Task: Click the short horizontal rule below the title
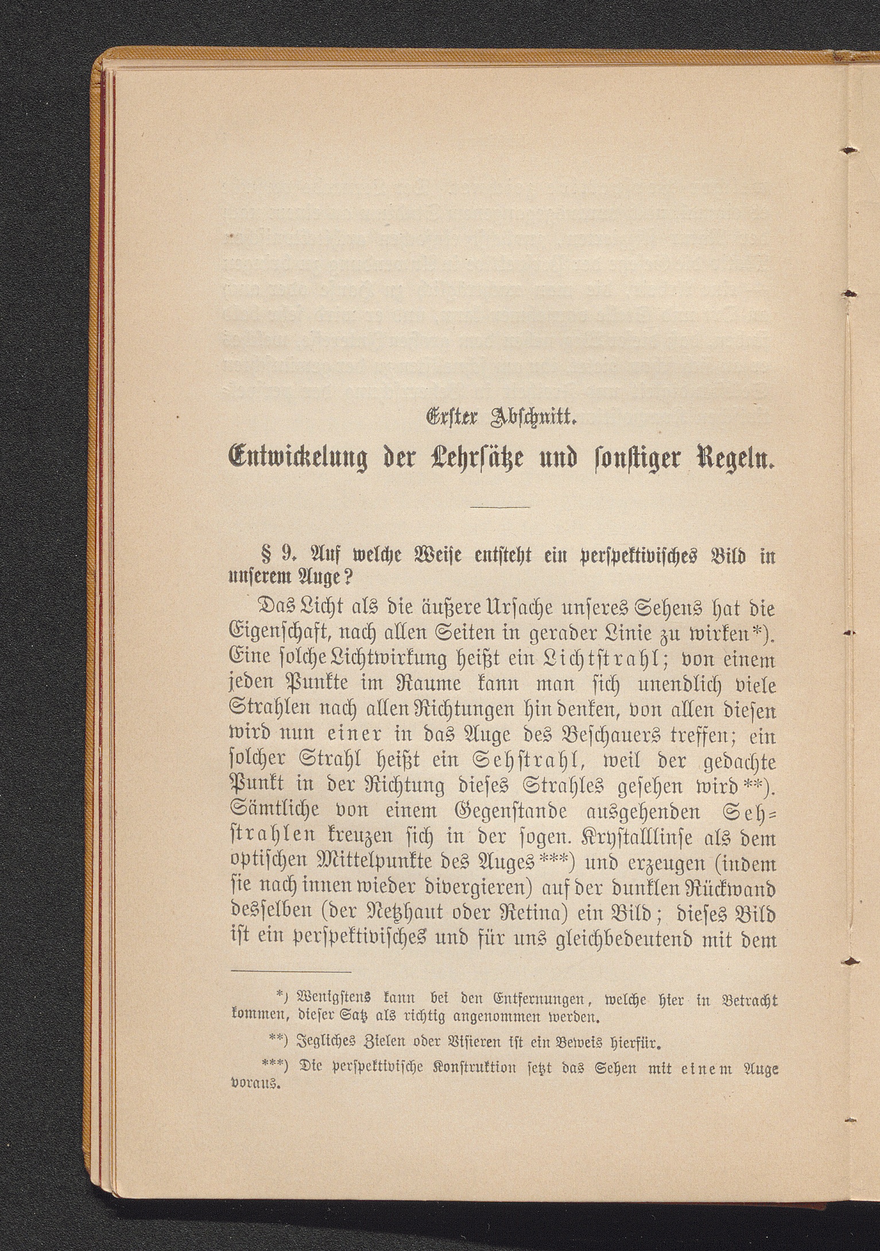tap(499, 508)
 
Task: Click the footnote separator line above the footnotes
tap(292, 972)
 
